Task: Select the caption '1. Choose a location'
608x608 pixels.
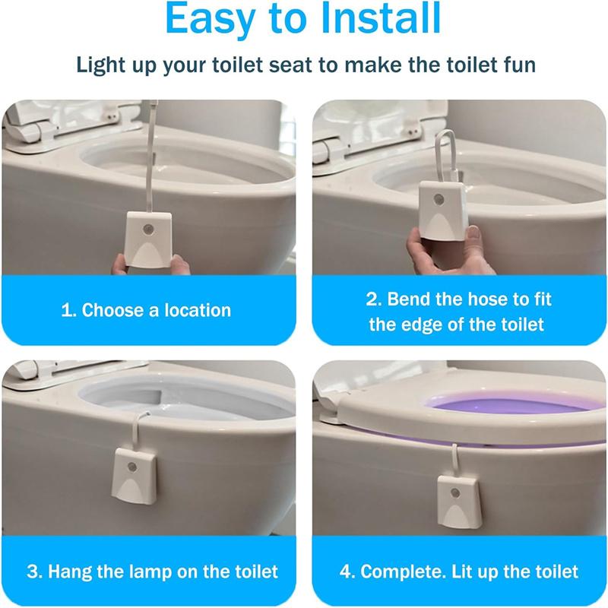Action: tap(146, 310)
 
